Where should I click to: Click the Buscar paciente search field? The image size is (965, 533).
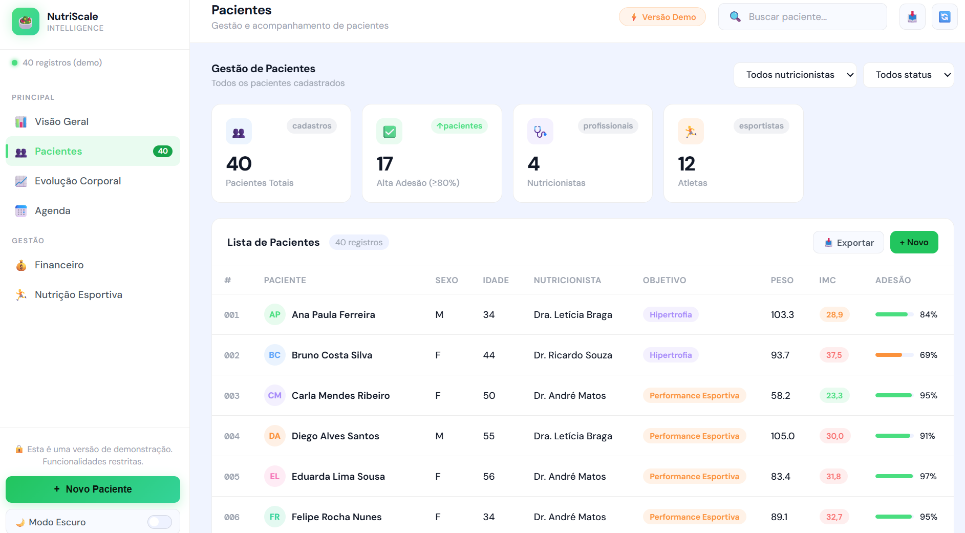802,17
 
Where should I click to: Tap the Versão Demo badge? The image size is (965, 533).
662,17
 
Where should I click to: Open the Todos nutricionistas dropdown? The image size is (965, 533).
795,75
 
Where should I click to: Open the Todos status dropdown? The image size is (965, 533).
908,75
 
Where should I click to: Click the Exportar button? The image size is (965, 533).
848,242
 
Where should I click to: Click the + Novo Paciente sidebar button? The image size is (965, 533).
93,489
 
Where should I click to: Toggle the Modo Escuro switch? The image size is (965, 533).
160,522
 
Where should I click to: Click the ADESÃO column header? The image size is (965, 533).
893,280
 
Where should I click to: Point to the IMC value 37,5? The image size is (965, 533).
834,355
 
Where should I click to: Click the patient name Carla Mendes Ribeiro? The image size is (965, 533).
340,395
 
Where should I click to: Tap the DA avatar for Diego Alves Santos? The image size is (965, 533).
274,436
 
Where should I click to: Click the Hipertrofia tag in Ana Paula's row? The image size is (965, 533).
671,314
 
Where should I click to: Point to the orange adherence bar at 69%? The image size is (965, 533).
889,355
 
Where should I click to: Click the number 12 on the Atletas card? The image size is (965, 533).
687,164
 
